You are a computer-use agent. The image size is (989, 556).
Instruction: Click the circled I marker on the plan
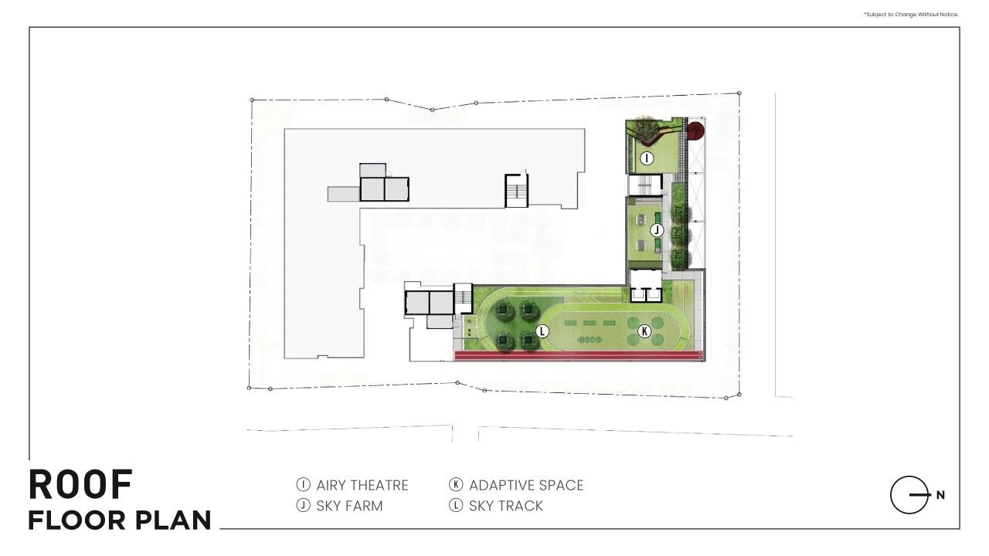tap(647, 158)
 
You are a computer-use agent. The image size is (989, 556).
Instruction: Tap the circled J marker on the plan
tap(657, 230)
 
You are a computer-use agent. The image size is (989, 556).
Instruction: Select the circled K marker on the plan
tap(644, 331)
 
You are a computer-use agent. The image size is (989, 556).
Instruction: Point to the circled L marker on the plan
tap(542, 331)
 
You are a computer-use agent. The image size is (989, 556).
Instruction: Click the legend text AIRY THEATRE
tap(362, 486)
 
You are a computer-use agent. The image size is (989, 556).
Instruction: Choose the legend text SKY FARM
tap(349, 506)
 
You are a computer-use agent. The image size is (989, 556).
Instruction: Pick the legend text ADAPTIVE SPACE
tap(526, 486)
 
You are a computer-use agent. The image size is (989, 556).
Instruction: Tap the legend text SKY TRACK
tap(506, 506)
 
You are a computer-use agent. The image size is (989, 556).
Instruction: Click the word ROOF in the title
tap(80, 484)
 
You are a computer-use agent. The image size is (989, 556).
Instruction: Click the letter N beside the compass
tap(940, 495)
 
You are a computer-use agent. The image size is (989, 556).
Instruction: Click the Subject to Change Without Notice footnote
tap(911, 15)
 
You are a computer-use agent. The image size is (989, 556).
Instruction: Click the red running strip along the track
tap(579, 356)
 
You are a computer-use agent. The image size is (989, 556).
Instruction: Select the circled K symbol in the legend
tap(456, 484)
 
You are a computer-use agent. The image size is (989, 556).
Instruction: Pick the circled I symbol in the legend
tap(304, 484)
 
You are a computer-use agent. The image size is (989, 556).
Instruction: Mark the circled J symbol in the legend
tap(304, 505)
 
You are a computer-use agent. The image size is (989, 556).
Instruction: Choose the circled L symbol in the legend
tap(456, 505)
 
